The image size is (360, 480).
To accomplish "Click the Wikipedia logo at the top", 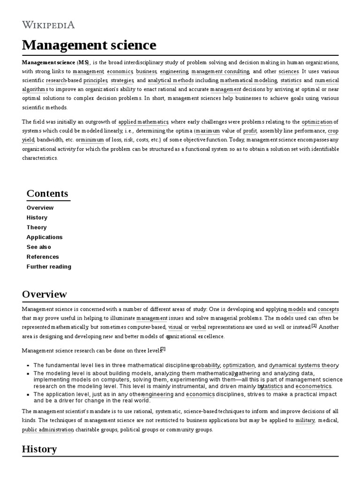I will [x=48, y=25].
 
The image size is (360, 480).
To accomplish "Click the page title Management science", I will [x=89, y=45].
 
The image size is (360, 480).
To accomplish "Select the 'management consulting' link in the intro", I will [x=220, y=72].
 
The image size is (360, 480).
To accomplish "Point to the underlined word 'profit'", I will [x=250, y=131].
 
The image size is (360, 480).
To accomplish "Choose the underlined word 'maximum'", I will [x=208, y=131].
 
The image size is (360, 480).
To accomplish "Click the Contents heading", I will [x=47, y=194].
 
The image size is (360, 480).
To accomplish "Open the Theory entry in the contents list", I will [x=37, y=227].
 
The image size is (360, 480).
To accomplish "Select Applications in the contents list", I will [x=45, y=237].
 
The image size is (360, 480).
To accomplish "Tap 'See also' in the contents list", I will [x=39, y=247].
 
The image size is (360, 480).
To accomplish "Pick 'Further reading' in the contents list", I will [x=49, y=267].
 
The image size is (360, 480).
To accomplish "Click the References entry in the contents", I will [x=43, y=257].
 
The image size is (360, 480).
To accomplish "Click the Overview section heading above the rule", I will [x=45, y=294].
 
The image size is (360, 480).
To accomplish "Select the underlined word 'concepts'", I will [x=328, y=309].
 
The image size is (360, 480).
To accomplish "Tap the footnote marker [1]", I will [x=314, y=326].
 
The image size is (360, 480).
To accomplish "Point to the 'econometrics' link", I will [x=314, y=386].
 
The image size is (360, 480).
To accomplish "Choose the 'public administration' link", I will [x=48, y=429].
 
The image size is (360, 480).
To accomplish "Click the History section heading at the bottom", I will [x=39, y=449].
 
